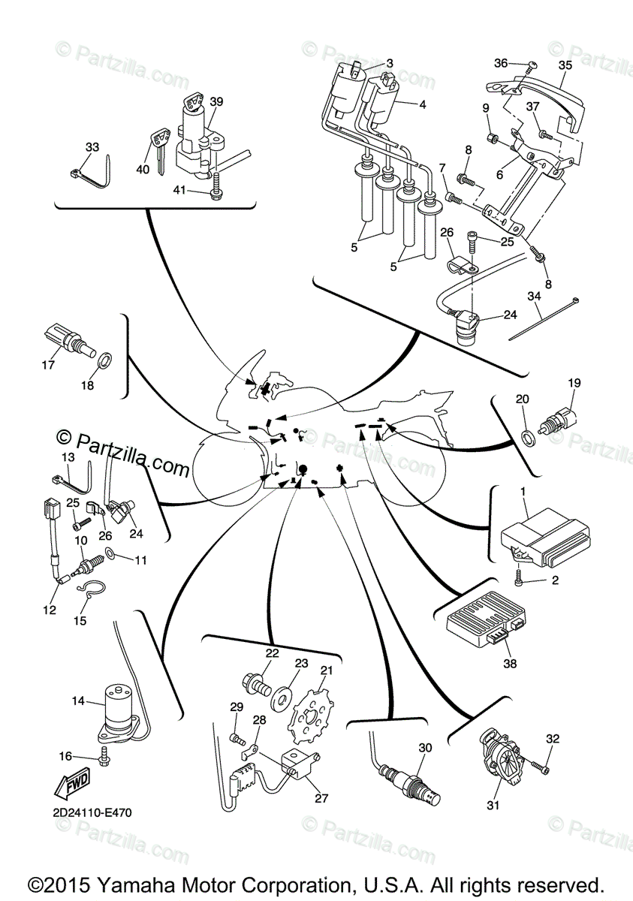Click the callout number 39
point(217,101)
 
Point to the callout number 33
point(92,148)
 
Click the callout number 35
point(565,65)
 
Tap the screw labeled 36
point(531,65)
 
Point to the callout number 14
point(78,701)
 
